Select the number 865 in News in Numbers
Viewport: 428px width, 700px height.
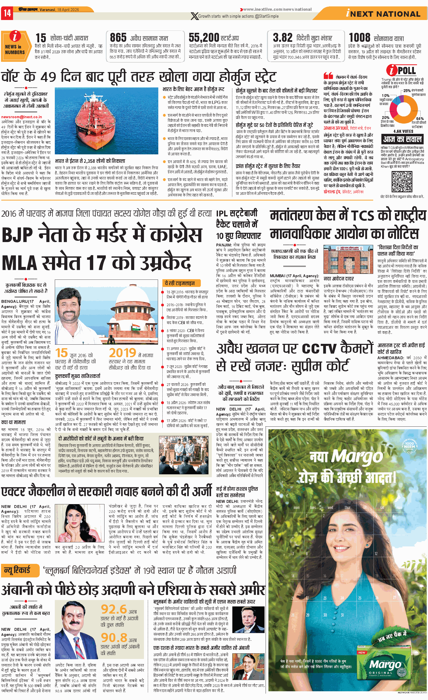pyautogui.click(x=118, y=37)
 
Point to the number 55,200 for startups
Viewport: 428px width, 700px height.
pyautogui.click(x=204, y=37)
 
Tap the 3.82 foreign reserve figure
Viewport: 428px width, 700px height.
pyautogui.click(x=283, y=37)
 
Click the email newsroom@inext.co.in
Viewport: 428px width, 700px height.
pyautogui.click(x=22, y=117)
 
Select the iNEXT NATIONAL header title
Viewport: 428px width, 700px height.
pyautogui.click(x=383, y=14)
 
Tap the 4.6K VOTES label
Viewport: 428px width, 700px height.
pyautogui.click(x=403, y=131)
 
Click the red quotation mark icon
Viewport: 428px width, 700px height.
pyautogui.click(x=328, y=76)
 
